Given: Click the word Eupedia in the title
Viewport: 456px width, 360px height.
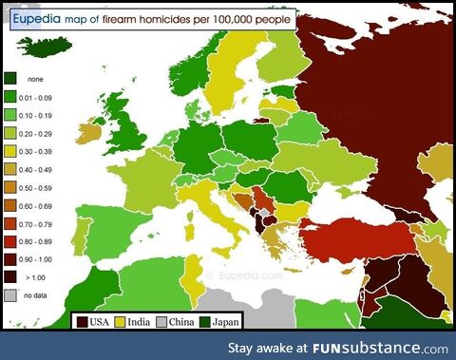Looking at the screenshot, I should pyautogui.click(x=39, y=18).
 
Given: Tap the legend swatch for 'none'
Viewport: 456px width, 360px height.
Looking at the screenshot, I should pyautogui.click(x=12, y=78).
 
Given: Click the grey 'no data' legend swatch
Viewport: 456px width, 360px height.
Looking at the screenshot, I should pyautogui.click(x=12, y=295).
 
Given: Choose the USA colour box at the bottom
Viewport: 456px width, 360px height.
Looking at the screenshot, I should pyautogui.click(x=83, y=321).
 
